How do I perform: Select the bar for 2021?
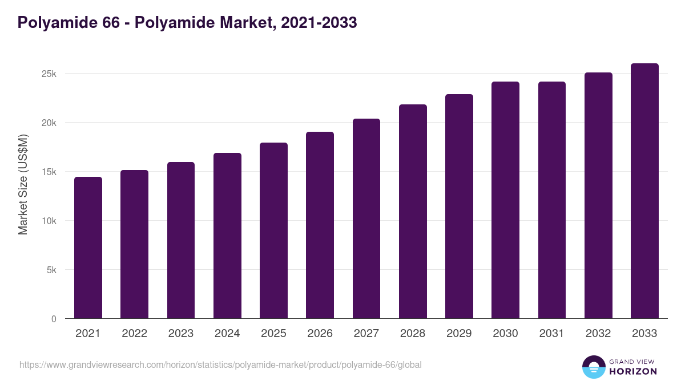click(x=88, y=248)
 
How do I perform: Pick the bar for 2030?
click(x=505, y=200)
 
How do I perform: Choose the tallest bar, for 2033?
click(x=644, y=191)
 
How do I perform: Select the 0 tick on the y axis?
click(x=54, y=319)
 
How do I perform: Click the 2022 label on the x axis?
click(x=134, y=334)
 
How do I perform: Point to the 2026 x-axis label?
click(x=320, y=334)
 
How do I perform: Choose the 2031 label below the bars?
click(x=551, y=334)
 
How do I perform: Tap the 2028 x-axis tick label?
click(x=413, y=334)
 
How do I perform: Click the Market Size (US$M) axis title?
click(x=23, y=184)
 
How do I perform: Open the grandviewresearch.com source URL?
click(x=220, y=364)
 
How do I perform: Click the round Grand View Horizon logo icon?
click(x=593, y=367)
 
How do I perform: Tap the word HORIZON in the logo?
click(x=633, y=371)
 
